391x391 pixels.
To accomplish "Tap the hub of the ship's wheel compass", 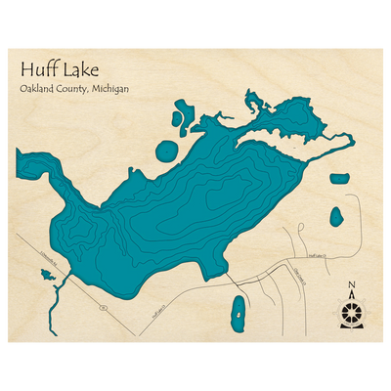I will point(351,314).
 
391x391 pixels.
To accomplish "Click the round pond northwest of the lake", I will point(168,152).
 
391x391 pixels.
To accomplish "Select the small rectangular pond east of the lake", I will point(339,179).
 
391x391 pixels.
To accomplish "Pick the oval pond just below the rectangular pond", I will point(336,215).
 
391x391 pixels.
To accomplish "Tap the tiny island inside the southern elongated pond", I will point(238,315).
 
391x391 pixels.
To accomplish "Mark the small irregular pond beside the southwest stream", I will point(46,275).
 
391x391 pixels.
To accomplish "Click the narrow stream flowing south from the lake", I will point(62,289).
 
